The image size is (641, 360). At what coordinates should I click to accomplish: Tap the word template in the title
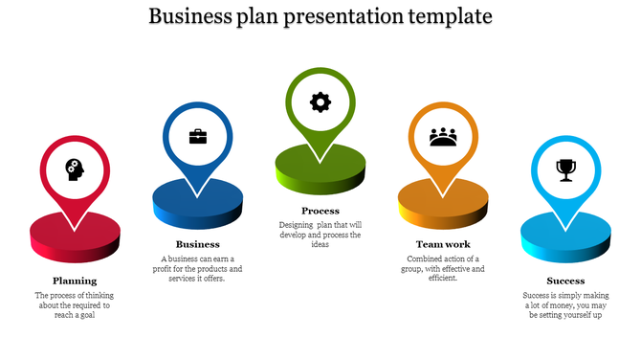coord(450,16)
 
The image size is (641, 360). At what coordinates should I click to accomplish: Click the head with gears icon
coord(75,170)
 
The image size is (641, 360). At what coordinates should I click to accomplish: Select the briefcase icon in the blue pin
coord(197,136)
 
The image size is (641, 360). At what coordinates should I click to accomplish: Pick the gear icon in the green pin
coord(320,101)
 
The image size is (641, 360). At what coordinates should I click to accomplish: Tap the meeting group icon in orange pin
coord(443,137)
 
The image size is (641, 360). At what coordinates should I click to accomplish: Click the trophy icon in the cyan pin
coord(565,170)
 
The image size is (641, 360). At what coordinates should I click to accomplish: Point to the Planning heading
coord(75,281)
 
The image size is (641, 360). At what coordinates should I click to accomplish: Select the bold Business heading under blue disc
coord(197,244)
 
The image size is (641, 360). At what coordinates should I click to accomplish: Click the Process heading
coord(320,211)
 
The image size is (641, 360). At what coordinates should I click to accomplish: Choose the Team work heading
coord(443,244)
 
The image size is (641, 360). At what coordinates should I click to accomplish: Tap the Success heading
coord(565,281)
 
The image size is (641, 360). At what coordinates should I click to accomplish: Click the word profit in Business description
coord(172,269)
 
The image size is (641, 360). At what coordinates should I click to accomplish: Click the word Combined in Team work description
coord(426,259)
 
